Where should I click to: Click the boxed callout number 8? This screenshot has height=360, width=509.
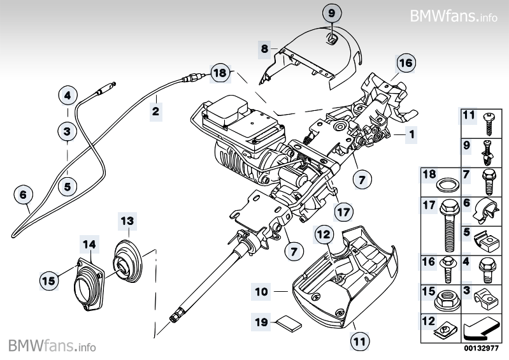tap(264, 48)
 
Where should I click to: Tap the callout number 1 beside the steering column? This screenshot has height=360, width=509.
tap(412, 135)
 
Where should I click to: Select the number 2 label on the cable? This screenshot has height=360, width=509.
tap(155, 113)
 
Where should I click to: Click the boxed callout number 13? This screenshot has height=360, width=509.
tap(128, 221)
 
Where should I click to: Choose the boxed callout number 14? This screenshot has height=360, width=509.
tap(89, 243)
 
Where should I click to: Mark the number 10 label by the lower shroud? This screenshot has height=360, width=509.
tap(261, 292)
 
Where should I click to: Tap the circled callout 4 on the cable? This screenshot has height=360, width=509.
tap(68, 96)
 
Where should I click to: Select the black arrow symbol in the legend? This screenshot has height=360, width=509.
tap(481, 329)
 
